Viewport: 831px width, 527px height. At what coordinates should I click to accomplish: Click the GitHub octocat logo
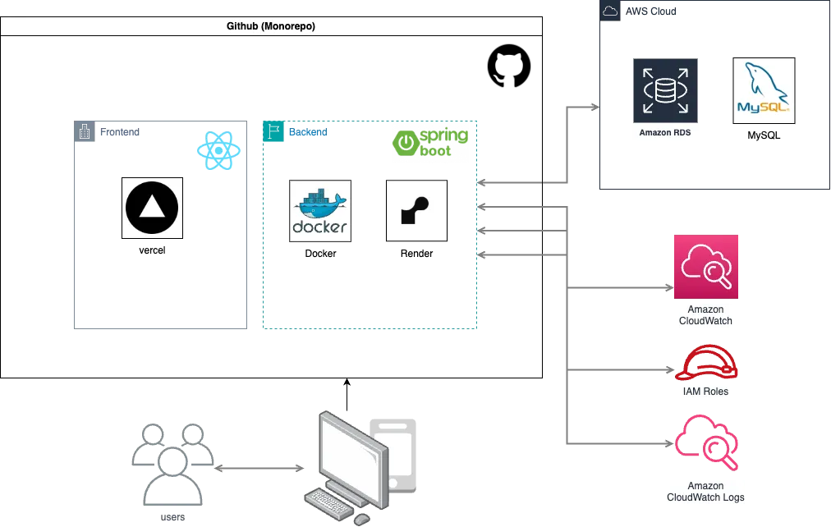click(x=509, y=66)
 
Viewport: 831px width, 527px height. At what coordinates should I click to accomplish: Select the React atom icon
click(x=218, y=151)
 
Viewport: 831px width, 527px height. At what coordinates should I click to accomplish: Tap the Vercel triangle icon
click(x=152, y=208)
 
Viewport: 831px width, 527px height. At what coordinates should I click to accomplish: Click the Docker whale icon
click(x=320, y=211)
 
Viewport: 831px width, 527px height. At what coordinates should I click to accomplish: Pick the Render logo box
click(x=416, y=211)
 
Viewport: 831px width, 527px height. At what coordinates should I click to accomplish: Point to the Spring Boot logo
click(x=430, y=143)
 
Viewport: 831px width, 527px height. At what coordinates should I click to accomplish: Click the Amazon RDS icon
click(x=665, y=90)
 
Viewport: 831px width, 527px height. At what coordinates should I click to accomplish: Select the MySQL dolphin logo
click(x=764, y=90)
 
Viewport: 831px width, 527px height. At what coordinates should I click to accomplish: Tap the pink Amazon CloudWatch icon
click(x=706, y=267)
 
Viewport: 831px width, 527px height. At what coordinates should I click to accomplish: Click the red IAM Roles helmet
click(x=706, y=364)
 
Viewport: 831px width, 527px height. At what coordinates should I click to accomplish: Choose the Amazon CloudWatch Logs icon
click(x=706, y=442)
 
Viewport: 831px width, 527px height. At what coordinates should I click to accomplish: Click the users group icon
click(x=172, y=464)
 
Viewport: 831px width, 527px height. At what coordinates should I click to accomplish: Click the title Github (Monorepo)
click(x=271, y=26)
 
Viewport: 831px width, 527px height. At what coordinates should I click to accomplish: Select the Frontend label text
click(x=120, y=132)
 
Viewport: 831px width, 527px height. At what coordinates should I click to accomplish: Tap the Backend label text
click(x=308, y=132)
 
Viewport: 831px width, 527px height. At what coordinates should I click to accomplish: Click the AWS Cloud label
click(x=651, y=11)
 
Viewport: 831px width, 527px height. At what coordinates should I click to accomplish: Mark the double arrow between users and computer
click(x=259, y=468)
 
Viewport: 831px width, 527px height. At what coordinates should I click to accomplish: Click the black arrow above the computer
click(x=347, y=395)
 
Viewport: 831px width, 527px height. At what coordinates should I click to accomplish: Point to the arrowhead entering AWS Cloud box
click(x=595, y=107)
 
